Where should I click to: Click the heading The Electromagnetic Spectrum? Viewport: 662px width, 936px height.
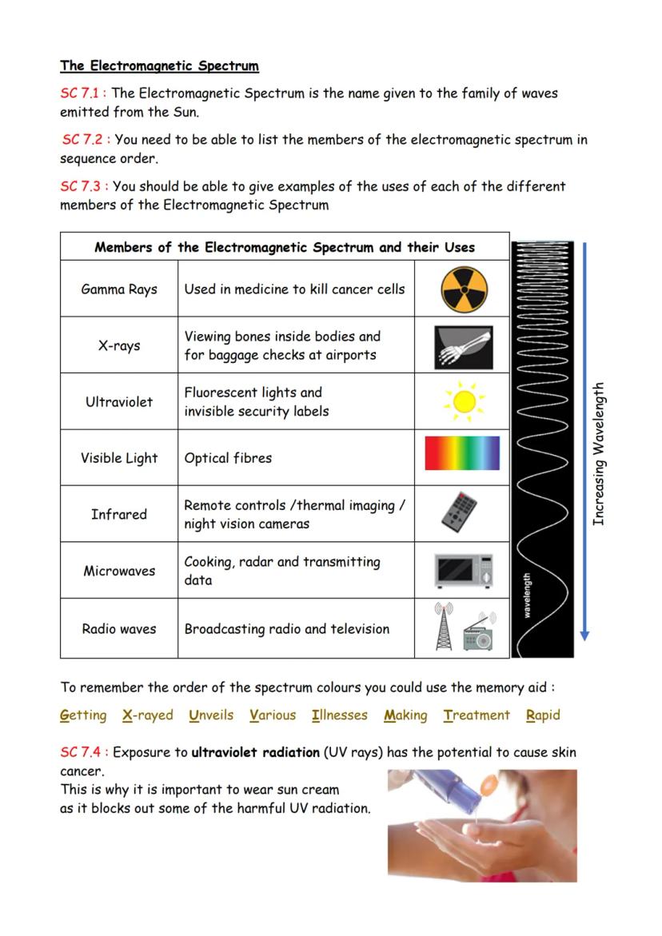(x=159, y=66)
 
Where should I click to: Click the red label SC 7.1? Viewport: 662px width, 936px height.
(x=83, y=94)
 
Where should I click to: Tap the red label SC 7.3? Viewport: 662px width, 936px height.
(x=83, y=186)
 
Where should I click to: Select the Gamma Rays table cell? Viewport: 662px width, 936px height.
(x=119, y=289)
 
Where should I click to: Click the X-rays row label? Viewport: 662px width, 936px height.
(x=119, y=345)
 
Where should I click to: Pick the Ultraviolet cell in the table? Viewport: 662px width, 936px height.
(x=119, y=402)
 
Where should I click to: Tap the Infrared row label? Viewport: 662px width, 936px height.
(x=119, y=514)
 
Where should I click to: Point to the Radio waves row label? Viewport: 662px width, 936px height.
(x=119, y=629)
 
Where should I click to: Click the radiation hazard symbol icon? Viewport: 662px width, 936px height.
(x=464, y=289)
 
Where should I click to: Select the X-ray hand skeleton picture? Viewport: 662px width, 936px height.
(x=464, y=346)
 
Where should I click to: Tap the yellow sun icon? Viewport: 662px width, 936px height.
(x=464, y=402)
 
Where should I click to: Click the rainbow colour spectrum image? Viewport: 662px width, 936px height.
(x=462, y=453)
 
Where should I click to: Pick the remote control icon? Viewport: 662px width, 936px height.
(x=460, y=512)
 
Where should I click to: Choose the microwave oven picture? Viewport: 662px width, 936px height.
(x=464, y=571)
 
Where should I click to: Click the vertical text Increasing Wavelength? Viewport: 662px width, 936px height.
(x=600, y=454)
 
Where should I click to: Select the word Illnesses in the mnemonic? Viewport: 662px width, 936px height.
(x=340, y=715)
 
